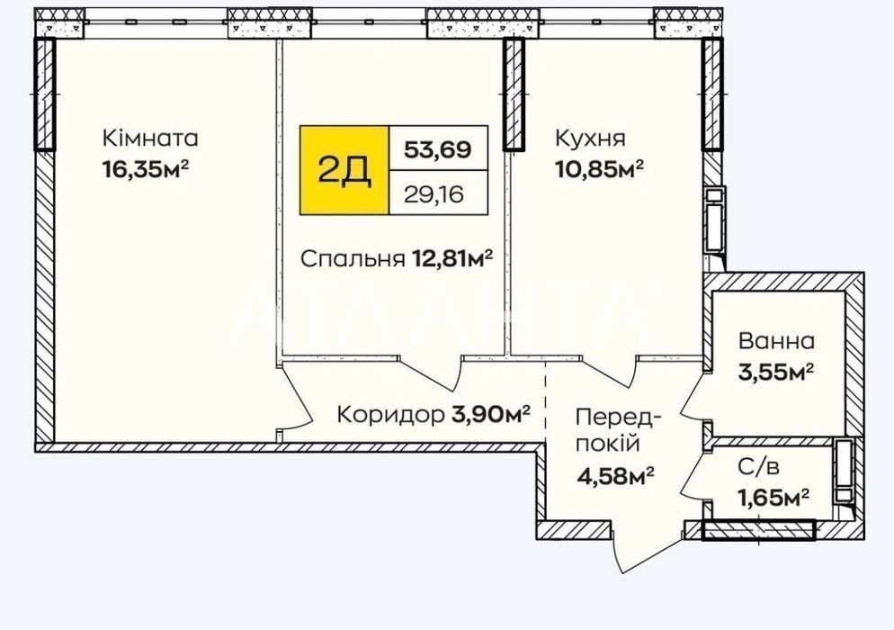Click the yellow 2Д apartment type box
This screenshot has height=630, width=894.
(x=344, y=170)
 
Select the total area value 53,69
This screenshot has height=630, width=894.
(x=438, y=149)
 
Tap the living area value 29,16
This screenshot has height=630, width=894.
(x=434, y=194)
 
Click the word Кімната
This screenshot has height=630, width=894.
(x=150, y=138)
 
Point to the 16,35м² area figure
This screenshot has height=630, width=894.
(x=146, y=169)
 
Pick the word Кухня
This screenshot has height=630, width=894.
(x=590, y=138)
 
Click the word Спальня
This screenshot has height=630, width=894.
(x=349, y=259)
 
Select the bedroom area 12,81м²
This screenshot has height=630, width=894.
(x=449, y=259)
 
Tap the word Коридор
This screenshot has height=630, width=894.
(x=390, y=415)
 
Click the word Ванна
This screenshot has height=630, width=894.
(x=776, y=341)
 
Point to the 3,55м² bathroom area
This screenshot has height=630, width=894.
(x=775, y=372)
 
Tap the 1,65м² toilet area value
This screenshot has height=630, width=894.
(x=773, y=498)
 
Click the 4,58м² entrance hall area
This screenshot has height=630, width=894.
(x=614, y=475)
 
